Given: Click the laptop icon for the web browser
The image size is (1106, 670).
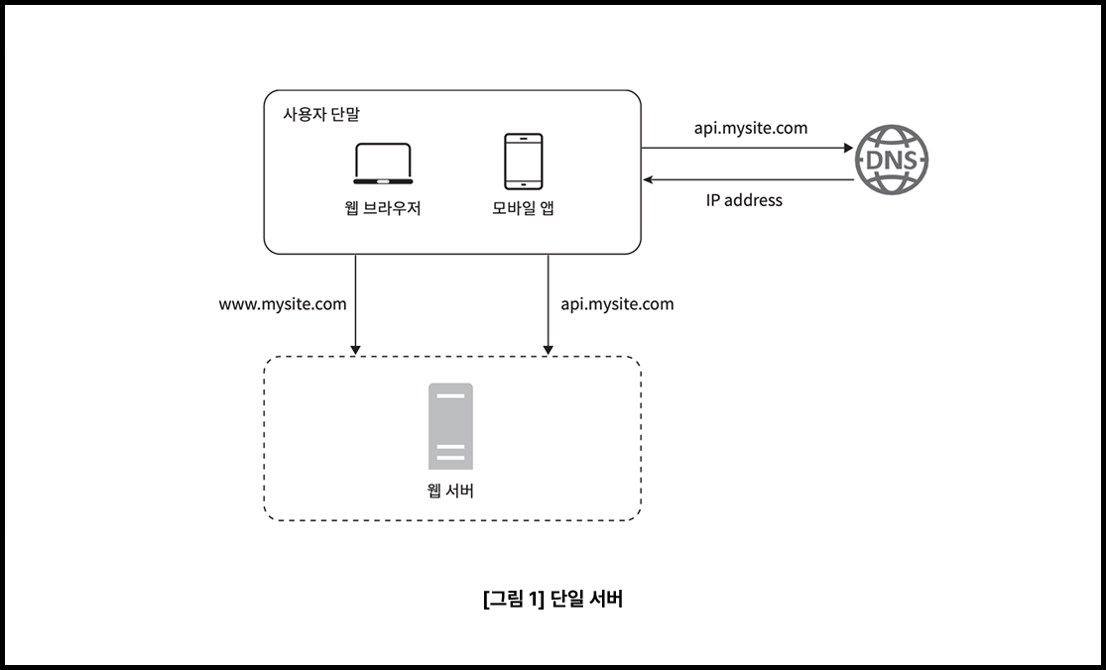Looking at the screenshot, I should click(383, 166).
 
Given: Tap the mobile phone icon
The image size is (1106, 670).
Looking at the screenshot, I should click(523, 161).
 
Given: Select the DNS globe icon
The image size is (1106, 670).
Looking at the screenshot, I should click(892, 161).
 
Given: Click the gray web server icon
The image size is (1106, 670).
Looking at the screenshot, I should click(450, 425).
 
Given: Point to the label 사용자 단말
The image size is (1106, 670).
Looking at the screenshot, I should click(321, 113).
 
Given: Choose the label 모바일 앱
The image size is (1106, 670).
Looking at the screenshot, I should click(523, 209).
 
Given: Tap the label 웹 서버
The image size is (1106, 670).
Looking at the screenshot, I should click(450, 490).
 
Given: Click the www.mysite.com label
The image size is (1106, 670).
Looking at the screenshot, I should click(283, 304).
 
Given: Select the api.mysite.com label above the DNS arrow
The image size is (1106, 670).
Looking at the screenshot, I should click(750, 128).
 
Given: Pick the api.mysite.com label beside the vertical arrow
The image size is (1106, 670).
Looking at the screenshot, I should click(617, 304).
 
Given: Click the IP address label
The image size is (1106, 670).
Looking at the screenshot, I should click(744, 200).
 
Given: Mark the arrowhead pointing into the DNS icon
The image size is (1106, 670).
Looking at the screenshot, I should click(848, 149).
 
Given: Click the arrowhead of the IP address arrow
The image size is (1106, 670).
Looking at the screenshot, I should click(648, 179).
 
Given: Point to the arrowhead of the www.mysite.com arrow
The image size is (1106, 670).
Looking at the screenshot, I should click(355, 349).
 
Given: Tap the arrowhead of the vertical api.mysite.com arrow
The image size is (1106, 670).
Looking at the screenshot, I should click(549, 349).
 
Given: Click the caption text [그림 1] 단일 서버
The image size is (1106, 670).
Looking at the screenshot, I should click(553, 599).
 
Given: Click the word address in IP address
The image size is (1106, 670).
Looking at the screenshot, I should click(753, 200).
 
